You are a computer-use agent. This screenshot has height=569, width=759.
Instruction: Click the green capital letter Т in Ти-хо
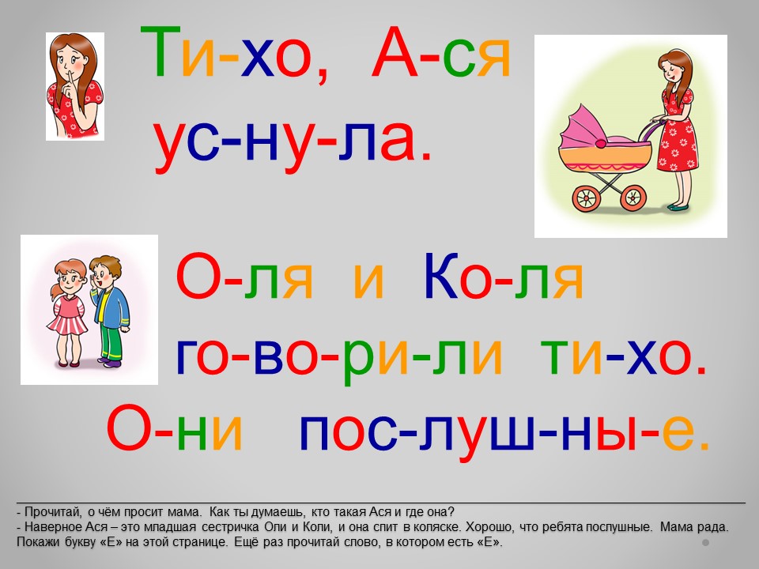160,52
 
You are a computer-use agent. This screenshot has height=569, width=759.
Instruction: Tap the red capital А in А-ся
395,52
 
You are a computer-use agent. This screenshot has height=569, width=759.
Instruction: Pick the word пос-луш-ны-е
504,430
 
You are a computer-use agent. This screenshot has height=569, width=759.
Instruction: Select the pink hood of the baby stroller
583,127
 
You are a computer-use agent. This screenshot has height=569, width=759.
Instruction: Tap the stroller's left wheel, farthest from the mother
586,198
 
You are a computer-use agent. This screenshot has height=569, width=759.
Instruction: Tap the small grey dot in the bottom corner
706,542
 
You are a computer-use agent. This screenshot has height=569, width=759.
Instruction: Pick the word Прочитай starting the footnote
53,512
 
